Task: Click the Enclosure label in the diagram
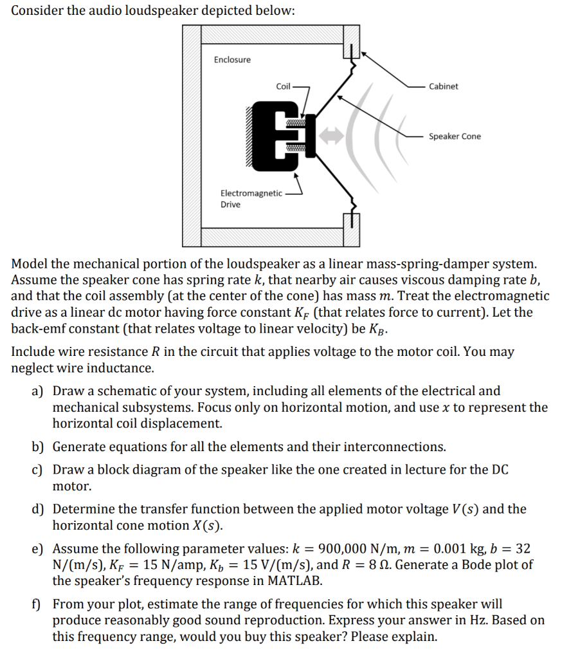(232, 60)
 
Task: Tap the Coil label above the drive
(283, 86)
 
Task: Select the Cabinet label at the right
(444, 86)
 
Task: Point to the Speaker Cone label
(455, 136)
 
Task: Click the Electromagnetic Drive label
(251, 198)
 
